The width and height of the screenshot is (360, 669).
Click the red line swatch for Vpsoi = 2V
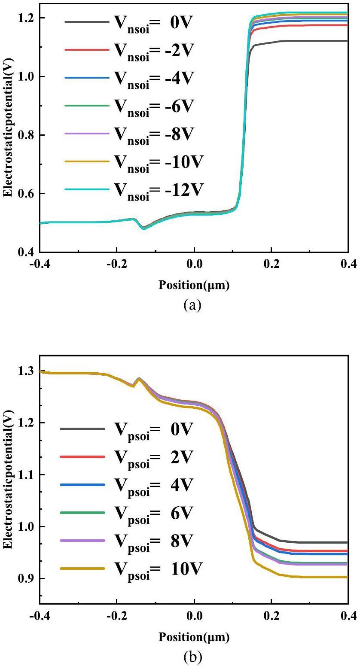pos(82,457)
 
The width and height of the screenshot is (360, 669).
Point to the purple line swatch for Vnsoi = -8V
pos(86,134)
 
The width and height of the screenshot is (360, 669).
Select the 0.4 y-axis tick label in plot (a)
pos(26,252)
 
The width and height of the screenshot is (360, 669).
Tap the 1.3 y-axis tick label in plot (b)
pos(26,371)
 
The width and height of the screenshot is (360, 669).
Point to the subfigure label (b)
pos(192,657)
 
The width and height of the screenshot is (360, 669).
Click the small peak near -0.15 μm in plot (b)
pos(139,379)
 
